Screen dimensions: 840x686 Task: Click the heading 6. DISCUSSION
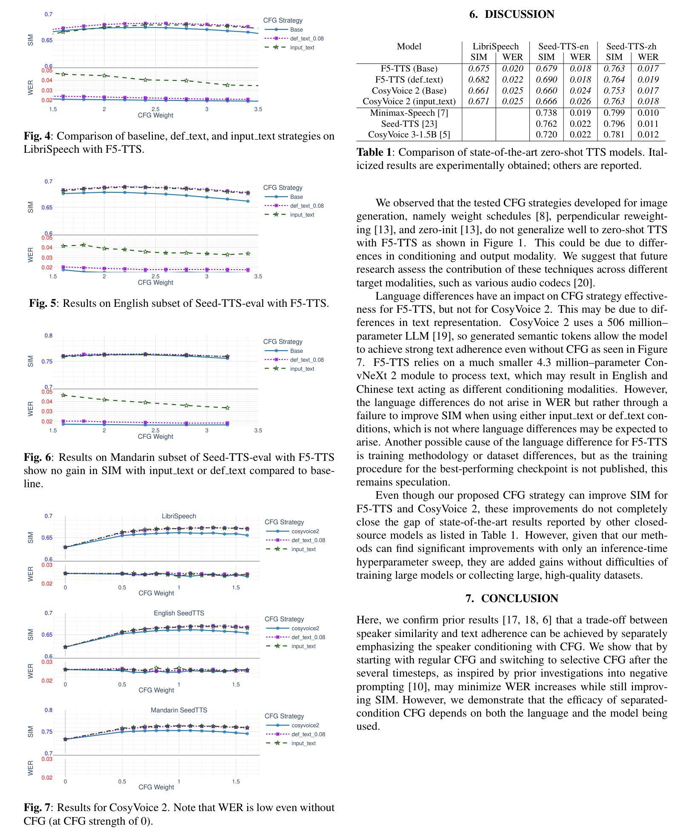pyautogui.click(x=512, y=14)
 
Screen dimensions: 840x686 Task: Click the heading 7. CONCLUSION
pyautogui.click(x=512, y=598)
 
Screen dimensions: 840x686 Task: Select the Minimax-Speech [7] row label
pyautogui.click(x=409, y=113)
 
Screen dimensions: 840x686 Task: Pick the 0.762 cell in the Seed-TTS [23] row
pyautogui.click(x=546, y=124)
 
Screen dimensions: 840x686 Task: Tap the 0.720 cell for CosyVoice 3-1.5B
pyautogui.click(x=546, y=134)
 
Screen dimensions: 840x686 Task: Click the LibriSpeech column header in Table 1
pyautogui.click(x=495, y=46)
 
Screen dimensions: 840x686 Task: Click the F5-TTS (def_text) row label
pyautogui.click(x=409, y=80)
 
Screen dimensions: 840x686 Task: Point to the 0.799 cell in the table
pyautogui.click(x=614, y=113)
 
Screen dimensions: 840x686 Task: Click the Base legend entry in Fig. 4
pyautogui.click(x=296, y=30)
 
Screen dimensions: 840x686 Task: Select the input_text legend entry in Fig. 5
pyautogui.click(x=302, y=215)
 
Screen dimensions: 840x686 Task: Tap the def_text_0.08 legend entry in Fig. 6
pyautogui.click(x=306, y=360)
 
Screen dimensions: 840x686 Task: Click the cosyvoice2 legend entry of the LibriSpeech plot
pyautogui.click(x=305, y=531)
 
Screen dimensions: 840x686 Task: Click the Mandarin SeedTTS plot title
pyautogui.click(x=179, y=710)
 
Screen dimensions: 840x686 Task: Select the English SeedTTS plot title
pyautogui.click(x=179, y=613)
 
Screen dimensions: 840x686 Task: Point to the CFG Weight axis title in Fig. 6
pyautogui.click(x=155, y=437)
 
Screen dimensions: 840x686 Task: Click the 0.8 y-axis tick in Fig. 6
pyautogui.click(x=49, y=336)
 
